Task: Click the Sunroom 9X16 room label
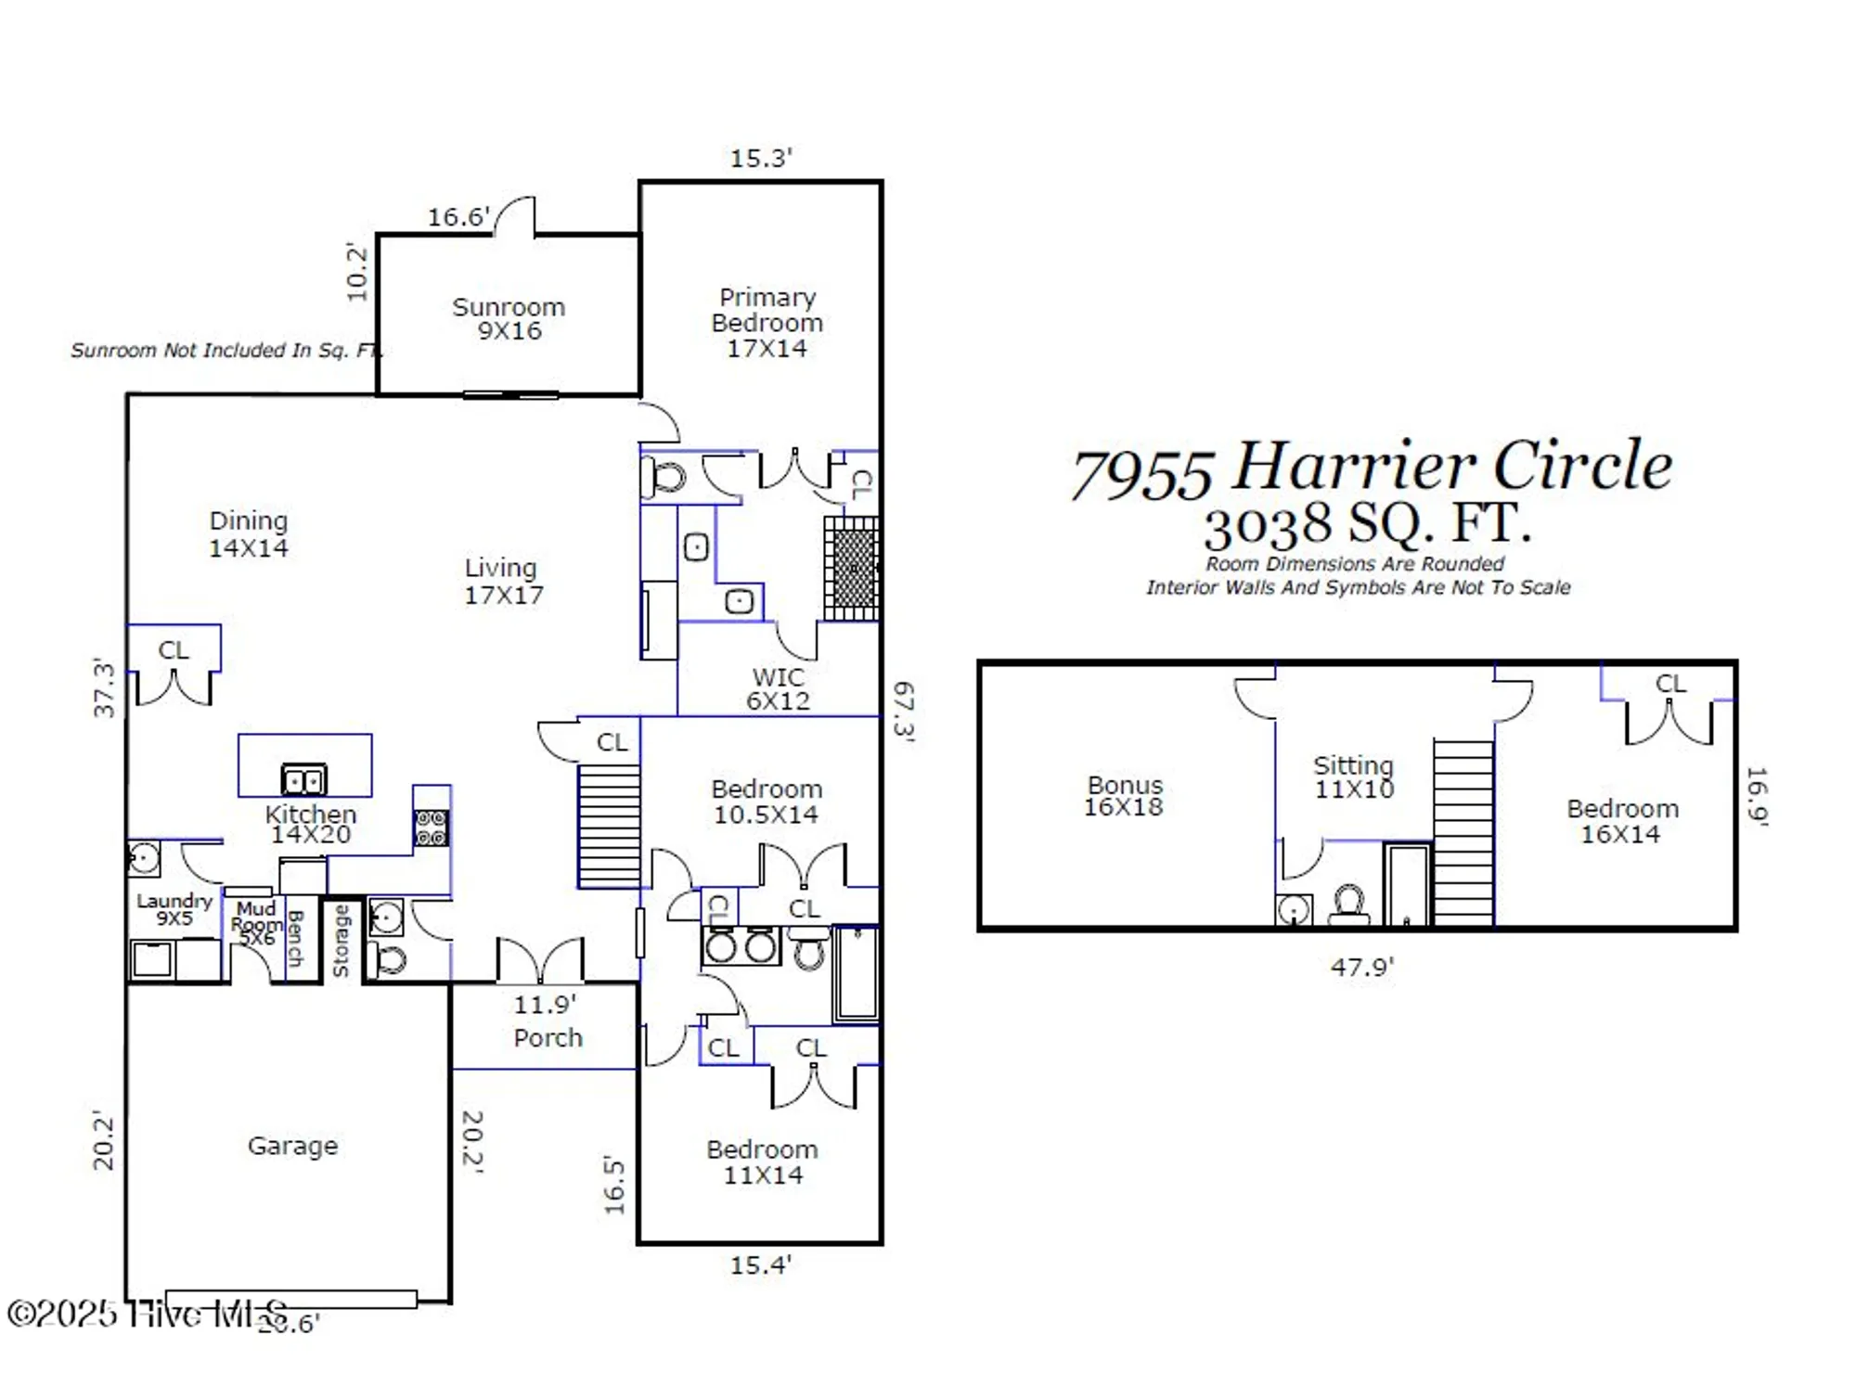(509, 319)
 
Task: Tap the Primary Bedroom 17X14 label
(767, 323)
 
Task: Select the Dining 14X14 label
(248, 534)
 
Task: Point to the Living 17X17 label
(502, 582)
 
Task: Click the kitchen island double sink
(303, 779)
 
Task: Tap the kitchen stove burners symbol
(431, 828)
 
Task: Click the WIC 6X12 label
(778, 689)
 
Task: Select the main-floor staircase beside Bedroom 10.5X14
(609, 826)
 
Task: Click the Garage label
(292, 1146)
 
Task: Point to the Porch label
(548, 1037)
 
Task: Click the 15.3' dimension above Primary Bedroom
(760, 159)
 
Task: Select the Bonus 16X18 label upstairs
(1124, 796)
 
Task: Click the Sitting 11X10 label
(1353, 777)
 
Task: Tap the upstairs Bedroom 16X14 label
(1621, 821)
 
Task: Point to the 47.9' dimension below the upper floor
(1361, 967)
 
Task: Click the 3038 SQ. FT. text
(1366, 524)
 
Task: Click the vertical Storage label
(341, 941)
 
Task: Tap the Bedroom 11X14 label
(762, 1162)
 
